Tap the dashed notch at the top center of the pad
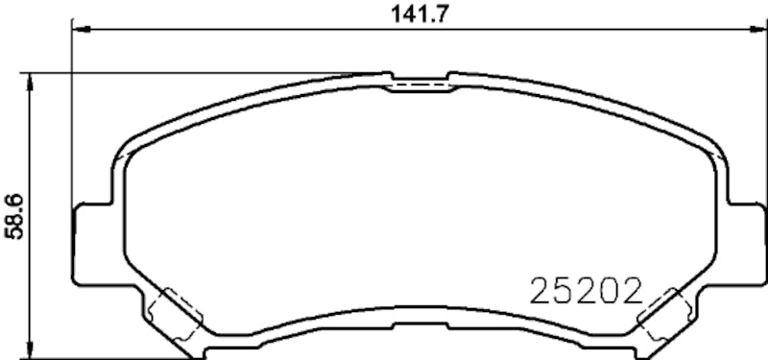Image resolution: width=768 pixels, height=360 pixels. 418,85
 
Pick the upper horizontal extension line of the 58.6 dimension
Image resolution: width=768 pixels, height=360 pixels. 192,73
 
